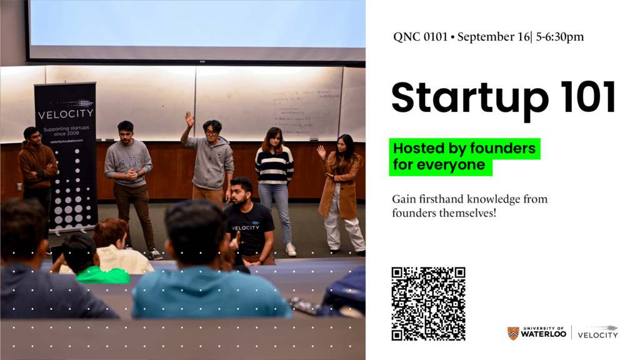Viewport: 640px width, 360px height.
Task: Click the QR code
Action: click(428, 304)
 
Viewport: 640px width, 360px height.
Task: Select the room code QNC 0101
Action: click(420, 37)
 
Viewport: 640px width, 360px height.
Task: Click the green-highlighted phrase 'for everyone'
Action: click(439, 166)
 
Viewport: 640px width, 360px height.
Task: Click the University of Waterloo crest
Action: click(512, 333)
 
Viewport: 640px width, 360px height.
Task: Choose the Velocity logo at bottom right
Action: click(597, 332)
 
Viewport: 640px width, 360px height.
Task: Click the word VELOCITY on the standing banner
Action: click(66, 114)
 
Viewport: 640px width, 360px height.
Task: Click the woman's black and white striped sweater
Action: click(274, 166)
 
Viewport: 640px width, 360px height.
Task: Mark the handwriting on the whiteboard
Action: click(306, 106)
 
